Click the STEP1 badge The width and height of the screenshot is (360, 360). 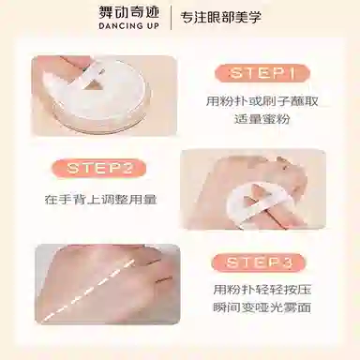(x=262, y=73)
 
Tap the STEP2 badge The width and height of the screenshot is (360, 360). (x=98, y=168)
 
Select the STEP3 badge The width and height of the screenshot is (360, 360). (x=258, y=262)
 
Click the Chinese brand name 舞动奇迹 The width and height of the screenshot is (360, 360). (x=128, y=12)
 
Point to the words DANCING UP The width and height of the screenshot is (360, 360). (x=128, y=26)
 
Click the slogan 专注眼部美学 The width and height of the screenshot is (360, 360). (x=220, y=18)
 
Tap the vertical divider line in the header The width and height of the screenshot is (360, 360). (x=171, y=18)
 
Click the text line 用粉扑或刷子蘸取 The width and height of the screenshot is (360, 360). (x=262, y=101)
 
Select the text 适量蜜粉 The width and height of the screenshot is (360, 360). (x=262, y=119)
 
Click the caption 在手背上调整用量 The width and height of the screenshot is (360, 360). (x=100, y=200)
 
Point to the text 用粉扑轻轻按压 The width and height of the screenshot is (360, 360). (x=262, y=290)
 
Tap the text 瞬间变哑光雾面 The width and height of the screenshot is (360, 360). (x=262, y=307)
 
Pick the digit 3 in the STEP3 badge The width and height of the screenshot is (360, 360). (x=288, y=262)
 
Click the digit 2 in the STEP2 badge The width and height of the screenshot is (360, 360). (x=128, y=168)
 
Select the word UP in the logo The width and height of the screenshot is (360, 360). (x=153, y=26)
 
